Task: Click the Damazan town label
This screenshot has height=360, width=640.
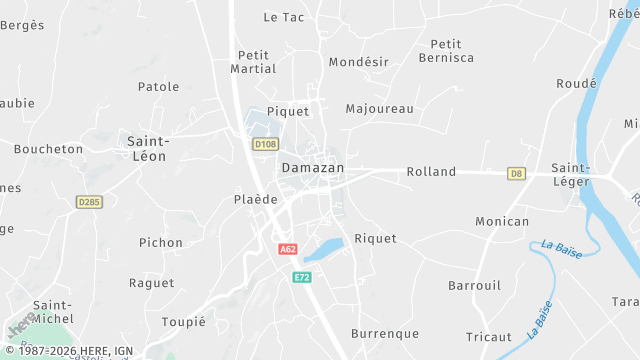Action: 312,168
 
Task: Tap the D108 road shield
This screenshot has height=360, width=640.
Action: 264,144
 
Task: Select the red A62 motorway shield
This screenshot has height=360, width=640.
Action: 288,249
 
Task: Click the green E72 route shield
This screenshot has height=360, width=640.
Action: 302,276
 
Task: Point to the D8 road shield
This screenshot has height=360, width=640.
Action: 516,173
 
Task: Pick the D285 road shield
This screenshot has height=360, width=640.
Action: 89,202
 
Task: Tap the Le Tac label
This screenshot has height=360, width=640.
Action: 283,17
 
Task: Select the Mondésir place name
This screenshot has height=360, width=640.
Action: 358,61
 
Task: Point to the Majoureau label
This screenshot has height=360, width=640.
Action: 379,108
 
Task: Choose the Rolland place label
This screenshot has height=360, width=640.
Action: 431,172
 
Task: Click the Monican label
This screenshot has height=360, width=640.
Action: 502,221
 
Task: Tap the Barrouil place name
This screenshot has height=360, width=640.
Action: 475,285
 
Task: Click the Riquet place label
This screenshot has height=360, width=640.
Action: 375,239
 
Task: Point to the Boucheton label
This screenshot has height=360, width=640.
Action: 48,149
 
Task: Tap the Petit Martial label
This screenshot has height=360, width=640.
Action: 253,61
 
